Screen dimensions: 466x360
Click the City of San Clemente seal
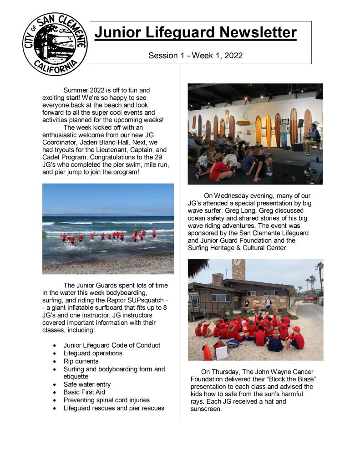[55, 44]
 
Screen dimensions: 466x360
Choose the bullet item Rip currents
[81, 361]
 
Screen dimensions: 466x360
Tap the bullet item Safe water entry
[87, 384]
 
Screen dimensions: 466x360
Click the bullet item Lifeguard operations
[93, 353]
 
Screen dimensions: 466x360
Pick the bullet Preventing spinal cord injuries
[106, 400]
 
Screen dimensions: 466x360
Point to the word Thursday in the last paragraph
[227, 372]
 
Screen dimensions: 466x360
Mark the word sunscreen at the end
[206, 409]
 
